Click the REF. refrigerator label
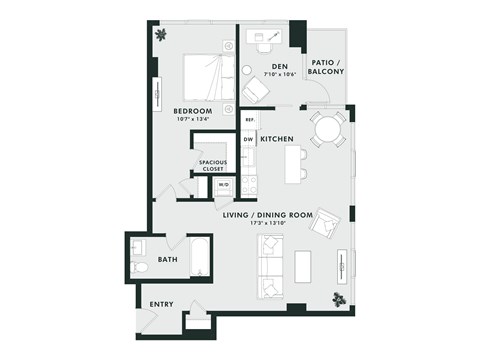click(249, 120)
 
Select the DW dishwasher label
click(247, 139)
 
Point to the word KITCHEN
click(276, 139)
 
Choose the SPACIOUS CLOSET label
click(213, 165)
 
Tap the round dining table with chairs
click(327, 128)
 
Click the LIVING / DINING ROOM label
click(282, 214)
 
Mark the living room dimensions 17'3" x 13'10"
click(282, 223)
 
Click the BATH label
click(168, 260)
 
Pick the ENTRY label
click(161, 304)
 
